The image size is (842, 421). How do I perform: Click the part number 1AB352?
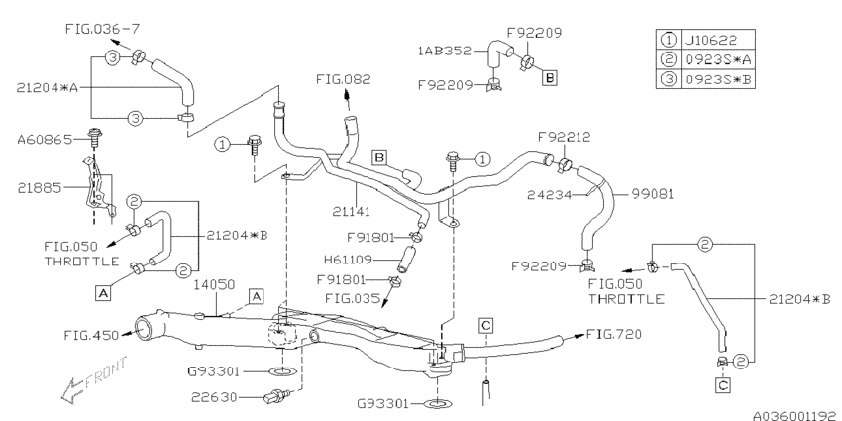tap(444, 51)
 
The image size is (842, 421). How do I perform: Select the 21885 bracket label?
tap(40, 188)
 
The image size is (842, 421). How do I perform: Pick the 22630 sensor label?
tap(214, 397)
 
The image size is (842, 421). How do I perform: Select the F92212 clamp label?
tap(564, 138)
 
